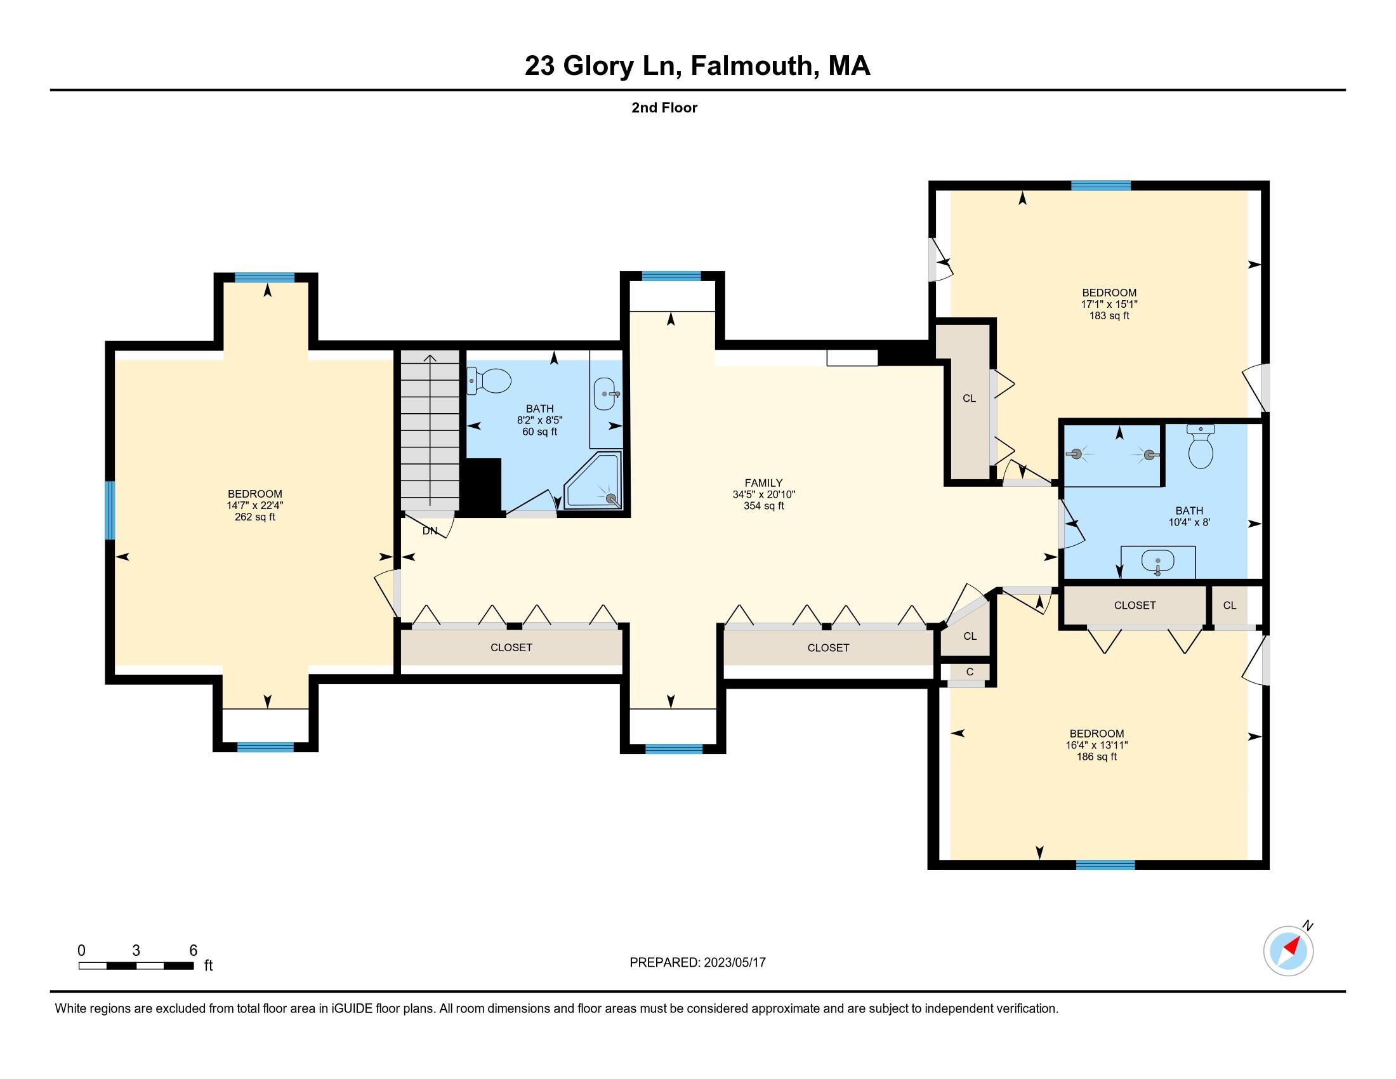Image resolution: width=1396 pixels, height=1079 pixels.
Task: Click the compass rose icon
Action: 1288,951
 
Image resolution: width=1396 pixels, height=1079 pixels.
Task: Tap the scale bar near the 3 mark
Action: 136,965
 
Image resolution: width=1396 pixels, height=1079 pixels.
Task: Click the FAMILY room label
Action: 763,483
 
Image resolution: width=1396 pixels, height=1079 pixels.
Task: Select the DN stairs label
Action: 430,531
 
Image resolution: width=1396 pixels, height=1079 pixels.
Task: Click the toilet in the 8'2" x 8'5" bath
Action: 490,381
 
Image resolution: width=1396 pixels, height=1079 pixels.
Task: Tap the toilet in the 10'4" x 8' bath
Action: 1201,446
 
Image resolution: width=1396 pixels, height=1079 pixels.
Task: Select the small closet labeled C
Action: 970,672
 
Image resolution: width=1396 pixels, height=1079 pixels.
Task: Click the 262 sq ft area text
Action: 255,517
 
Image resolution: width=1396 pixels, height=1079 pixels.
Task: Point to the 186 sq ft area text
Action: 1097,757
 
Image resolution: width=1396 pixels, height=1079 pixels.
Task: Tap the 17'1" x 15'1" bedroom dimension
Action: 1109,304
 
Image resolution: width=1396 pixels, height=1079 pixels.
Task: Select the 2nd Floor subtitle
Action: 664,107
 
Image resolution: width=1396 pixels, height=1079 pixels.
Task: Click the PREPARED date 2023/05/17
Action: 734,962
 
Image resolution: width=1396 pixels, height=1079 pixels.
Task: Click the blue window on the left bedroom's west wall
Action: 110,510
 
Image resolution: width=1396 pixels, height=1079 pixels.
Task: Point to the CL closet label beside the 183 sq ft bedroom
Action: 969,398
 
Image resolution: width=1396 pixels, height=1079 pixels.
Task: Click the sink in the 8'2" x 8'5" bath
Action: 605,394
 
